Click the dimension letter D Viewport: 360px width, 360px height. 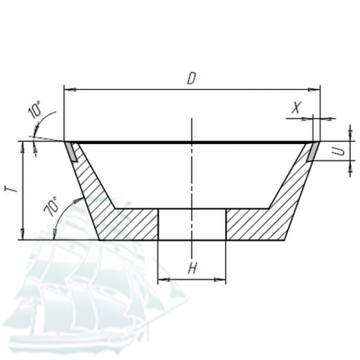pyautogui.click(x=191, y=78)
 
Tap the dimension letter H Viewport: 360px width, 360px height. pyautogui.click(x=192, y=268)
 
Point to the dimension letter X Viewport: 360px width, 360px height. pyautogui.click(x=296, y=107)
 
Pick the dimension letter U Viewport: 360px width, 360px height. pyautogui.click(x=339, y=151)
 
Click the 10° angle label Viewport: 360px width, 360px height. pyautogui.click(x=35, y=109)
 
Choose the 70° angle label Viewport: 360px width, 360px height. pyautogui.click(x=51, y=206)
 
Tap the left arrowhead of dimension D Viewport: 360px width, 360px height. pyautogui.click(x=70, y=89)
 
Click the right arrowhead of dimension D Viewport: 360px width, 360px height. pyautogui.click(x=314, y=89)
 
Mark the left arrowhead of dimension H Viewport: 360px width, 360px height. pyautogui.click(x=163, y=280)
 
